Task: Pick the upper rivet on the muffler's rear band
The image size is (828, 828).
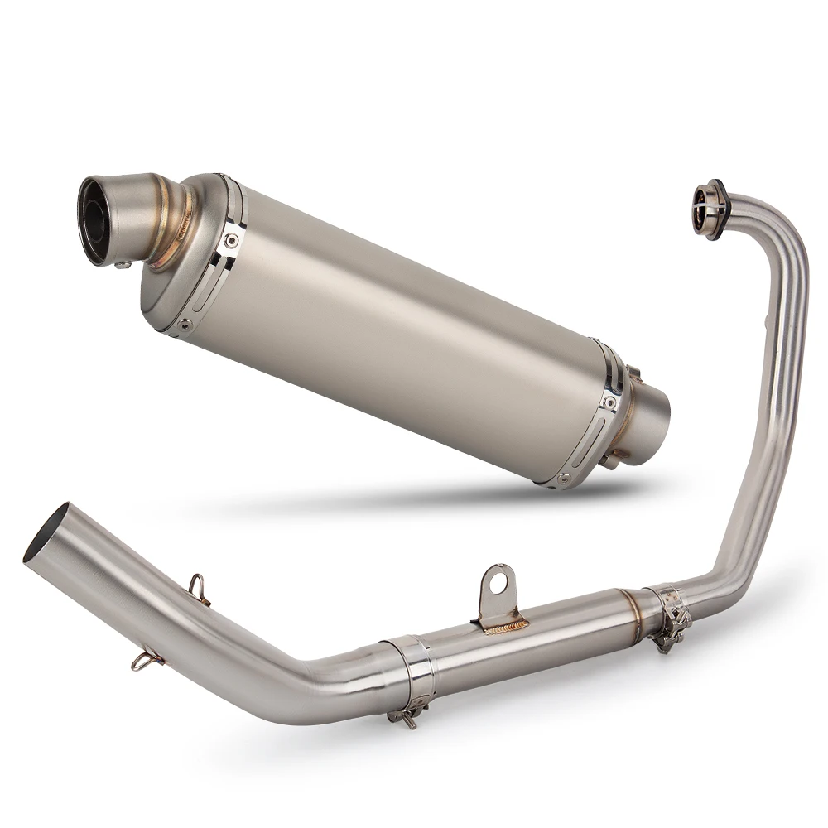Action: [x=610, y=402]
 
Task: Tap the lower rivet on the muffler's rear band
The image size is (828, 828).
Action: [x=564, y=478]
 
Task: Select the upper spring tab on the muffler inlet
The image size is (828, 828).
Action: [x=634, y=374]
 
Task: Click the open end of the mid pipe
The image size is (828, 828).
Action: [x=46, y=534]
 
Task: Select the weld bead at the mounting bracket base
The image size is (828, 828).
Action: [x=505, y=628]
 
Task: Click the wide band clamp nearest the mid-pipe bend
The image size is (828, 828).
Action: [x=410, y=675]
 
